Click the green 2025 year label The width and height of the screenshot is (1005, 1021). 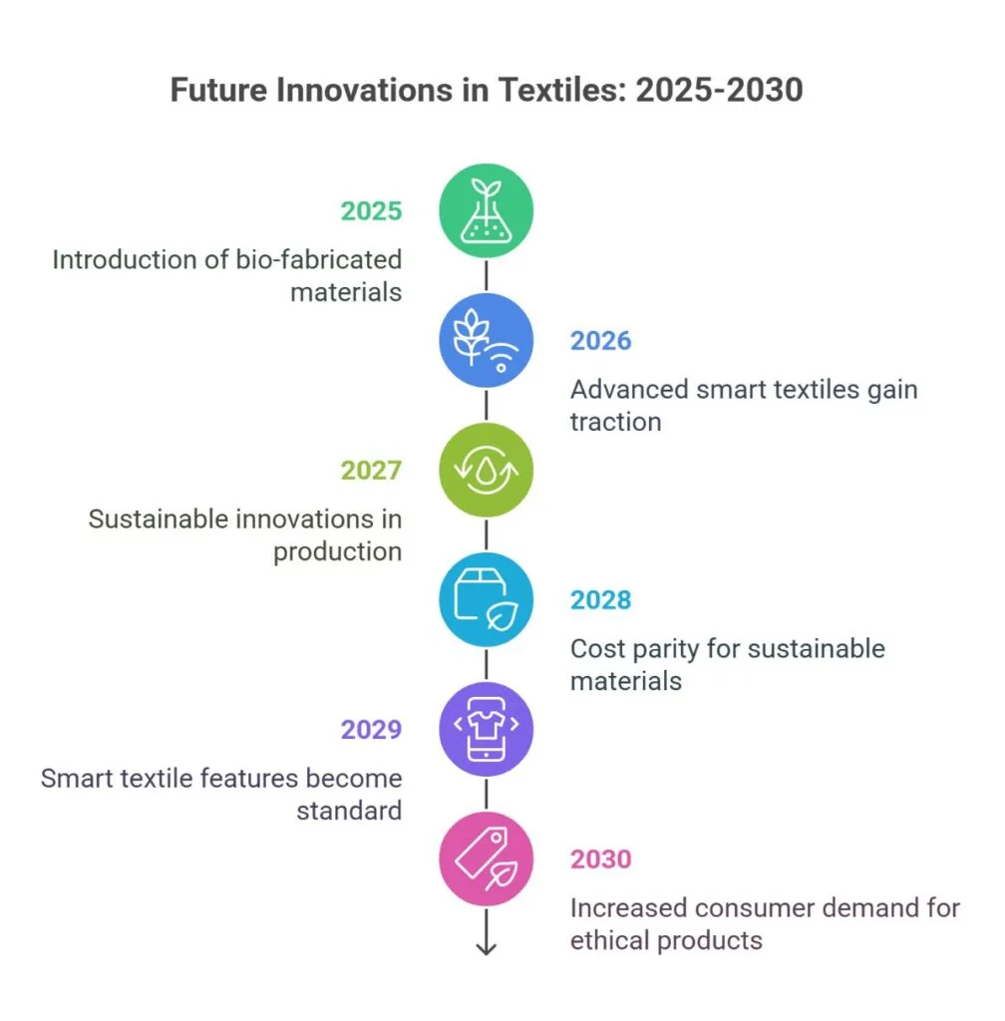click(371, 211)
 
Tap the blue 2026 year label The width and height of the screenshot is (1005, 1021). click(600, 341)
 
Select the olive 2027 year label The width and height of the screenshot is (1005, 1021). click(371, 471)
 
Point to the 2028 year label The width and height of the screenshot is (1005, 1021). click(600, 600)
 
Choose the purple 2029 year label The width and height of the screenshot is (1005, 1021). click(371, 730)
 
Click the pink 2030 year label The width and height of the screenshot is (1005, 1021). click(600, 859)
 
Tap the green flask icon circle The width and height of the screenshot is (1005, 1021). click(487, 211)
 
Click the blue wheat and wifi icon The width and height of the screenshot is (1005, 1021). click(487, 341)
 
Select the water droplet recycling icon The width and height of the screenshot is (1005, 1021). click(487, 471)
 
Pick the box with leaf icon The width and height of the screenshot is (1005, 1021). click(487, 600)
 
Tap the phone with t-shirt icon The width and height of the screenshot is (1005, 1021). click(487, 730)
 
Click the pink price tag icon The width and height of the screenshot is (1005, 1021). click(487, 859)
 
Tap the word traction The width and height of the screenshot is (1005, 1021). click(615, 422)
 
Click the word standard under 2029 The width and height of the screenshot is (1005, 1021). click(349, 810)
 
